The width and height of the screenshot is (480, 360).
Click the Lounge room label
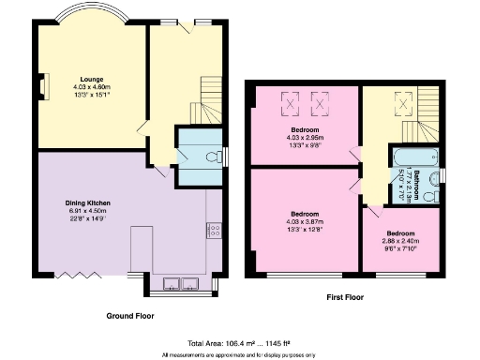click(x=92, y=79)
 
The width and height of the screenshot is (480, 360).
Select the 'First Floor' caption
click(x=343, y=296)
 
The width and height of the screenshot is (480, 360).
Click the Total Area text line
click(x=238, y=343)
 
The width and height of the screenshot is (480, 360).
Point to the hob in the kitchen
click(x=213, y=229)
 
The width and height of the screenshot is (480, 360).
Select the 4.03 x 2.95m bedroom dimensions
click(x=305, y=140)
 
